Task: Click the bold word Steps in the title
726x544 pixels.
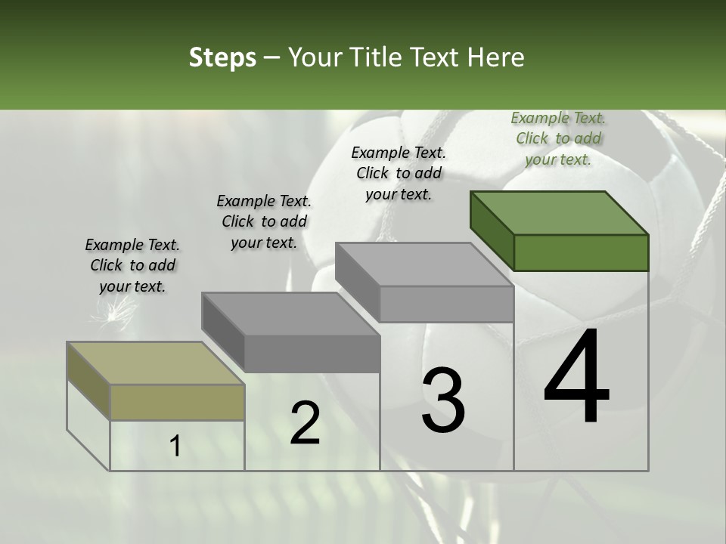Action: pyautogui.click(x=222, y=57)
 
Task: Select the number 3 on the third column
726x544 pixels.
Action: pyautogui.click(x=443, y=400)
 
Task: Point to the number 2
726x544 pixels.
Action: pyautogui.click(x=305, y=422)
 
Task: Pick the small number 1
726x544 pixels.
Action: pyautogui.click(x=175, y=447)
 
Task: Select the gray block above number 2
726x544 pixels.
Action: pyautogui.click(x=291, y=332)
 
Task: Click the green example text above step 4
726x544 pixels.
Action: pyautogui.click(x=558, y=138)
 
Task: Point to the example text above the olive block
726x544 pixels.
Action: pyautogui.click(x=132, y=265)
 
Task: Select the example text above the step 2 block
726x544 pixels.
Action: pyautogui.click(x=264, y=221)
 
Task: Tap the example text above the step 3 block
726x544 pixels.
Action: pyautogui.click(x=399, y=173)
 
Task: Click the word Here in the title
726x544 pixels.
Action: pyautogui.click(x=497, y=57)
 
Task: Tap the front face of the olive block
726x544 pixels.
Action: pyautogui.click(x=177, y=403)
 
